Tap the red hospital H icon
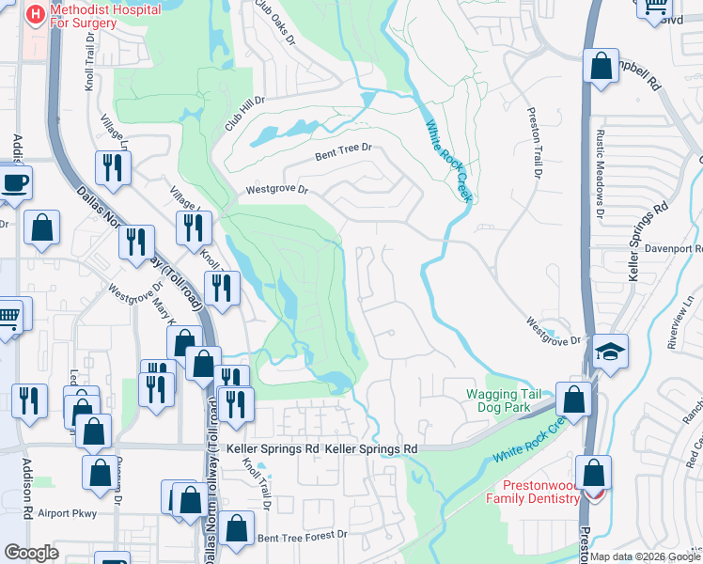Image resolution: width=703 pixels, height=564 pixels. pos(36,14)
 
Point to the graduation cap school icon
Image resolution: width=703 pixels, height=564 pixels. pos(610,352)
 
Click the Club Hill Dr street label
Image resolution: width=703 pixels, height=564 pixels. pos(243,114)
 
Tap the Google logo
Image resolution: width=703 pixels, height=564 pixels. pos(31,553)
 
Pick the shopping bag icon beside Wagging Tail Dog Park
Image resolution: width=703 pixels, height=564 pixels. pos(571,399)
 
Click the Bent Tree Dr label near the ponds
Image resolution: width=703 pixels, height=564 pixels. pos(343,149)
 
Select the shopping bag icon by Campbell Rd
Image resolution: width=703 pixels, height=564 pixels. pos(600,67)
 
